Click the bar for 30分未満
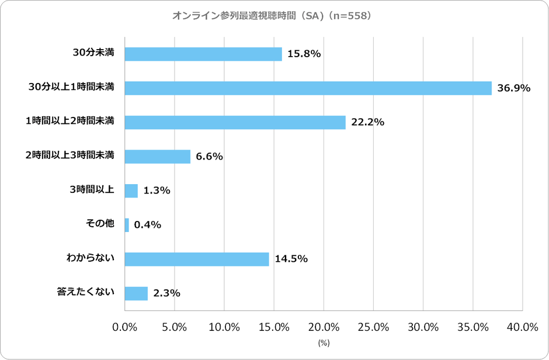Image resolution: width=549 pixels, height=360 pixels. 203,54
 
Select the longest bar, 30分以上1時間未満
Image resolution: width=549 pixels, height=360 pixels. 308,88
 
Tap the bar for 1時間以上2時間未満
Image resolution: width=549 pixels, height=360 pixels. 235,122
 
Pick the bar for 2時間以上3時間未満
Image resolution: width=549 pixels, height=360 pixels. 158,156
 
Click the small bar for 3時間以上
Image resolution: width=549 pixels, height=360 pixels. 131,191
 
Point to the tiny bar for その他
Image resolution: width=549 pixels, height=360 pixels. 127,225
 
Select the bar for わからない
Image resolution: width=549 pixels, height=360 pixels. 197,259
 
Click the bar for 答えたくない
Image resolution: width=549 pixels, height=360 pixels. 136,293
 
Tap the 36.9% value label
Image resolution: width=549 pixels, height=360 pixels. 513,88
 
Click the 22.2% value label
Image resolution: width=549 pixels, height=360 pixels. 367,122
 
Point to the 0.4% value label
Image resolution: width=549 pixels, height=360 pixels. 147,225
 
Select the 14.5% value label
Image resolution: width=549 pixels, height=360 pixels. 291,259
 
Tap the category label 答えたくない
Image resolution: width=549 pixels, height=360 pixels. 85,292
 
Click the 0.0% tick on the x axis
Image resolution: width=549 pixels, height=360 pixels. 125,327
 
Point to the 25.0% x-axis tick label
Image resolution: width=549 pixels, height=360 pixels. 373,327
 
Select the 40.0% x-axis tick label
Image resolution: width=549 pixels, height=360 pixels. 522,327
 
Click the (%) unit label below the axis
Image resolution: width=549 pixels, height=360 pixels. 324,344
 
